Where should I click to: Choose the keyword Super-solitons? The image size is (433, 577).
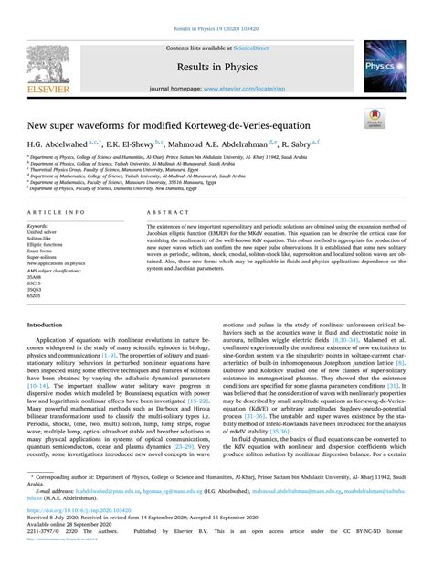tap(44, 258)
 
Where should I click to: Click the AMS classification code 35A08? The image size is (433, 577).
tap(38, 277)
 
